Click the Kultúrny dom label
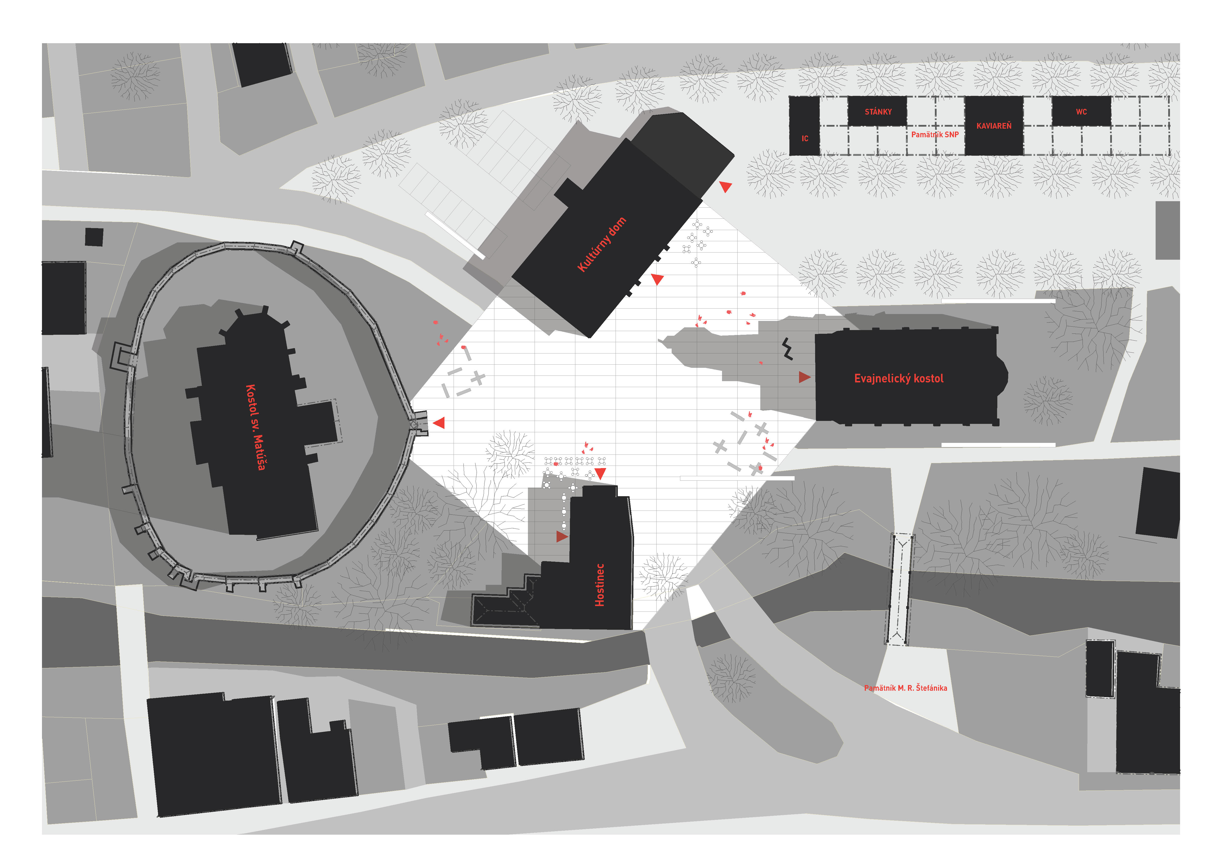pos(602,245)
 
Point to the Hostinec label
pos(600,585)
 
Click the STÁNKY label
pos(878,112)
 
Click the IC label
pos(804,139)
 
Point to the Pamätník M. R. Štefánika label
pos(905,688)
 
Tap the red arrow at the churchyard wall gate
pos(439,423)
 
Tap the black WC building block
pos(1082,111)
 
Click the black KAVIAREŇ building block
pos(994,126)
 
